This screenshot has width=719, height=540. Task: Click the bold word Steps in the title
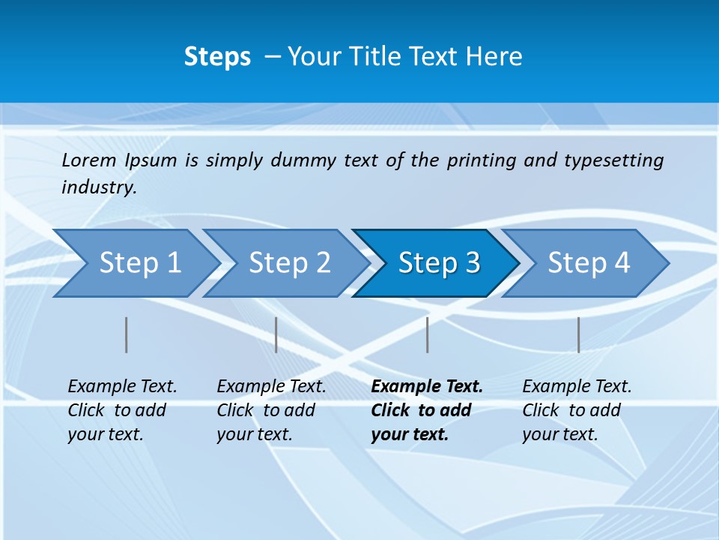(x=217, y=57)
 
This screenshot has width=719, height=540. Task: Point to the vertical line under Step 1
(x=127, y=334)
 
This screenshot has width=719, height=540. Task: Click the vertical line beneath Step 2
(x=276, y=334)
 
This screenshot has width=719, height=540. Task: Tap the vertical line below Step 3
(x=428, y=334)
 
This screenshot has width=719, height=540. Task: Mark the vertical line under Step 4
(x=579, y=334)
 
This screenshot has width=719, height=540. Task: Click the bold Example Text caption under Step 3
(x=426, y=410)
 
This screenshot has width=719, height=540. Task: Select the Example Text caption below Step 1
(x=122, y=410)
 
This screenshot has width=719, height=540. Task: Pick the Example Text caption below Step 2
(x=271, y=410)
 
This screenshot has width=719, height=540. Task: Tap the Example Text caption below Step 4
(x=577, y=410)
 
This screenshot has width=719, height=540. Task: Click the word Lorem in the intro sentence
(x=89, y=160)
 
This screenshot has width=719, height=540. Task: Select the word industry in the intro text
(x=98, y=187)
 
